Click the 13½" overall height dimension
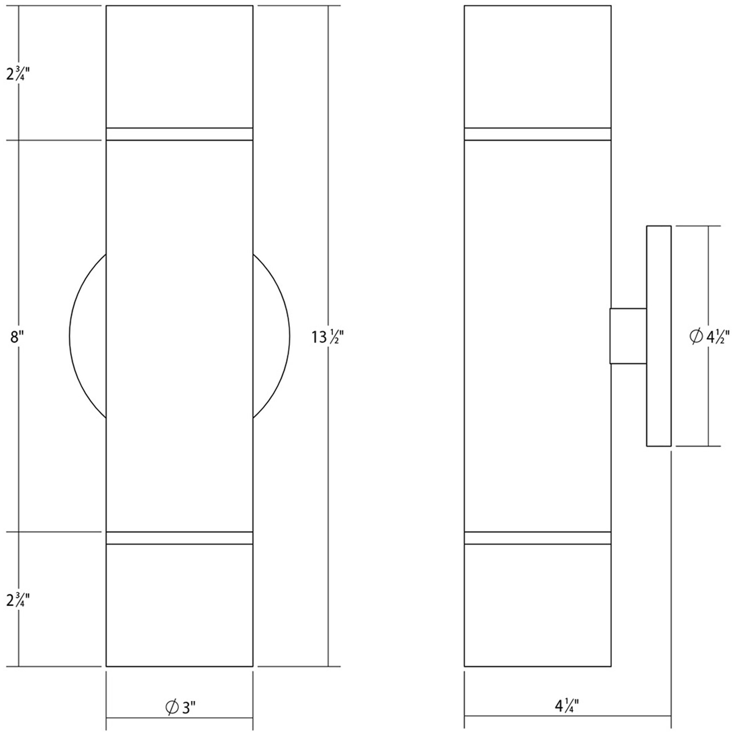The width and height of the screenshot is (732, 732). (327, 337)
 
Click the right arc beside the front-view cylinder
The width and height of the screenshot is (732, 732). (289, 337)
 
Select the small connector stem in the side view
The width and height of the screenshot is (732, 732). (628, 336)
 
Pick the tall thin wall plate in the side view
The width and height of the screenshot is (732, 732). (659, 336)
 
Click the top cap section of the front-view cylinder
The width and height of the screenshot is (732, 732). (179, 67)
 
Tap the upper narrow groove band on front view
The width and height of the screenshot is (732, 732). (179, 134)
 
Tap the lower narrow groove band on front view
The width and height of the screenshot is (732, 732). (179, 538)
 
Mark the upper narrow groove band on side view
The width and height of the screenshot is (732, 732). (538, 134)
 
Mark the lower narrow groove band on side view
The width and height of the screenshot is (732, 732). (538, 538)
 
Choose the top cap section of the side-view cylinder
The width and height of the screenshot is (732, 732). (538, 67)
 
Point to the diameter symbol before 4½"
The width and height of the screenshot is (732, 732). (696, 337)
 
